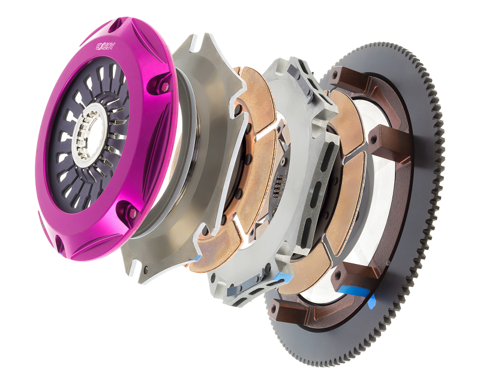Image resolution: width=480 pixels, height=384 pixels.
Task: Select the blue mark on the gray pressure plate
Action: click(194, 258)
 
